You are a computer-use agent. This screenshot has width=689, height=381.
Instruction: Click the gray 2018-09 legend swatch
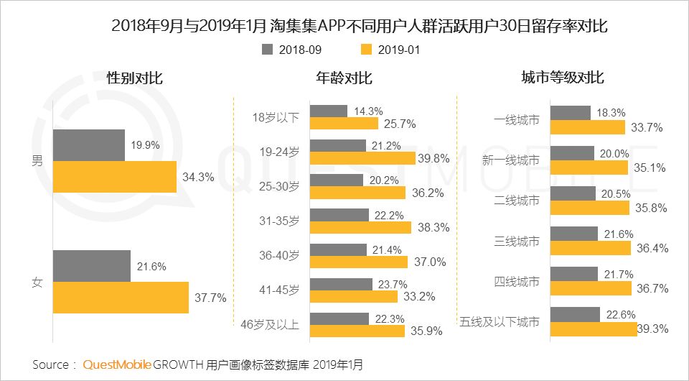(x=268, y=50)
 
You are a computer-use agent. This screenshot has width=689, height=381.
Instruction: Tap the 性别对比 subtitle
(x=134, y=78)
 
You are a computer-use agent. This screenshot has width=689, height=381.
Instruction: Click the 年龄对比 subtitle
(x=344, y=78)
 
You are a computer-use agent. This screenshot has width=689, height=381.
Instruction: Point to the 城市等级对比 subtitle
(x=562, y=78)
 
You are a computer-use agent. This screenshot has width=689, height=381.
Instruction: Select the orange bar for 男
(x=115, y=177)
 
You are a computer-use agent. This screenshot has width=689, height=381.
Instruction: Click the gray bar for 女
(x=92, y=266)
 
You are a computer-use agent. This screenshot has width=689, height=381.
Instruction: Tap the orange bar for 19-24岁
(x=362, y=157)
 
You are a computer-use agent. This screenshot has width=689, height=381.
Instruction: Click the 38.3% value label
(x=433, y=227)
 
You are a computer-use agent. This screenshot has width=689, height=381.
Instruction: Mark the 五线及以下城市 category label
(x=501, y=321)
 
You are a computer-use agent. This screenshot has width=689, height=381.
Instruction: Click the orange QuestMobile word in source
(x=117, y=364)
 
